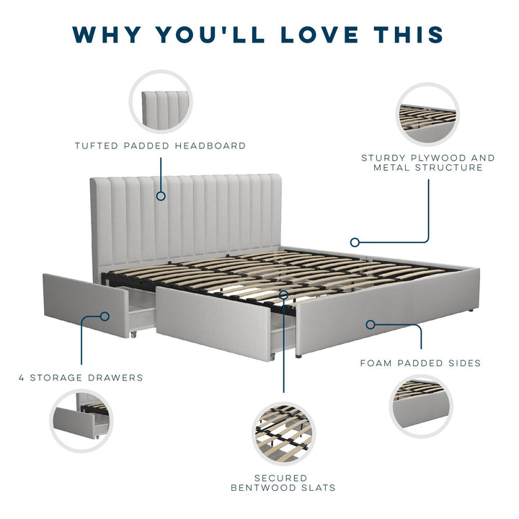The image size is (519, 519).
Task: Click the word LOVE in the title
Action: click(x=319, y=35)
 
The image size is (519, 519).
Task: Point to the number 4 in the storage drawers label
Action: click(x=22, y=378)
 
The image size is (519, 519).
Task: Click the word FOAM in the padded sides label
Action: click(x=376, y=363)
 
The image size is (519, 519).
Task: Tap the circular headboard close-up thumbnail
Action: click(x=161, y=102)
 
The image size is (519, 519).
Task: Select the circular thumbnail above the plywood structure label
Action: click(x=428, y=114)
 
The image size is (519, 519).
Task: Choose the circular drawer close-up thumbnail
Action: click(x=81, y=421)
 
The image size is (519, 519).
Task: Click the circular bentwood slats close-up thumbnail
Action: click(x=284, y=434)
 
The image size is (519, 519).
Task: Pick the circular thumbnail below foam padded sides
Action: click(x=421, y=407)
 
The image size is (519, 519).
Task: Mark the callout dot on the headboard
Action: click(x=161, y=196)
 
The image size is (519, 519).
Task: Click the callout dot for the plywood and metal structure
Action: click(x=355, y=243)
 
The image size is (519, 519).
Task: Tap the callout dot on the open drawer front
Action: click(x=105, y=316)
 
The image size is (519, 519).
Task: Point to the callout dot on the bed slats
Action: click(x=284, y=294)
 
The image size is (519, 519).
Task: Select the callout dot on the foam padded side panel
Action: click(x=371, y=324)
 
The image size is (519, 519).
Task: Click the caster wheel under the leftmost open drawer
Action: click(x=133, y=334)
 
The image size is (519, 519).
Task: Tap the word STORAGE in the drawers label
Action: click(x=56, y=378)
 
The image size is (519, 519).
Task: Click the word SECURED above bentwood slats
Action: click(x=281, y=479)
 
